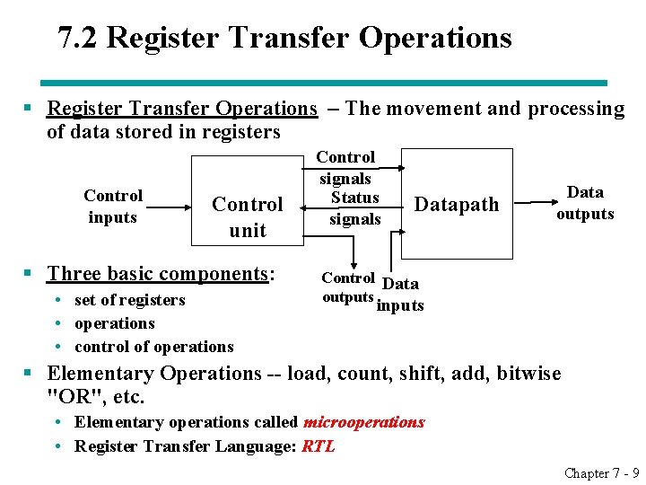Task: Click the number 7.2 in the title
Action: [78, 38]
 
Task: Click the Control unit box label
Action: [247, 216]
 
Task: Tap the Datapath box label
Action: [456, 205]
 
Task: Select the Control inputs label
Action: [113, 207]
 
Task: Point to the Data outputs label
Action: [585, 203]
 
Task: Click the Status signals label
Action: [354, 208]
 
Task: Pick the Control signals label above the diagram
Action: [346, 168]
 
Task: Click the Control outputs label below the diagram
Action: [348, 287]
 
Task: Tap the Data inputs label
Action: [400, 295]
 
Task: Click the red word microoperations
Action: [364, 422]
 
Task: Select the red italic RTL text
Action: [319, 446]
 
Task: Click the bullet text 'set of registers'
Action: [129, 300]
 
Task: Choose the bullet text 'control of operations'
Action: [153, 347]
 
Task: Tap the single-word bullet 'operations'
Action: [114, 323]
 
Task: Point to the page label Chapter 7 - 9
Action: [601, 472]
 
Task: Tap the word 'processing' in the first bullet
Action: [576, 109]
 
